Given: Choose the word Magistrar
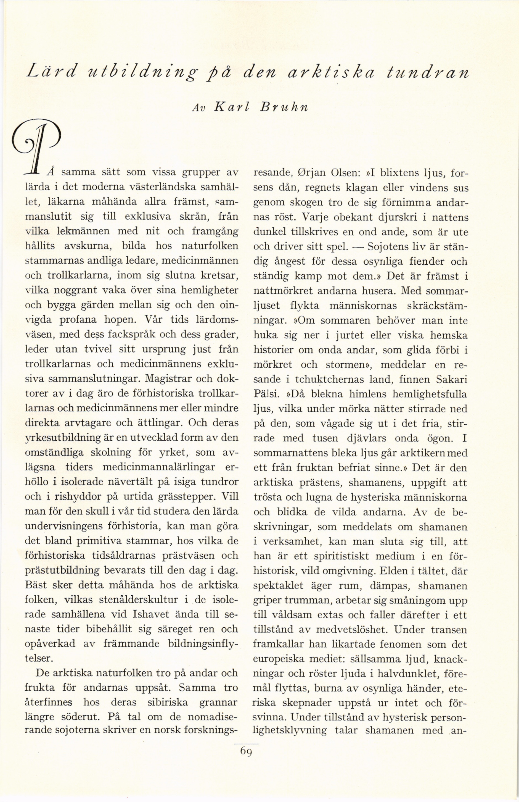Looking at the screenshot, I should click(168, 379).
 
